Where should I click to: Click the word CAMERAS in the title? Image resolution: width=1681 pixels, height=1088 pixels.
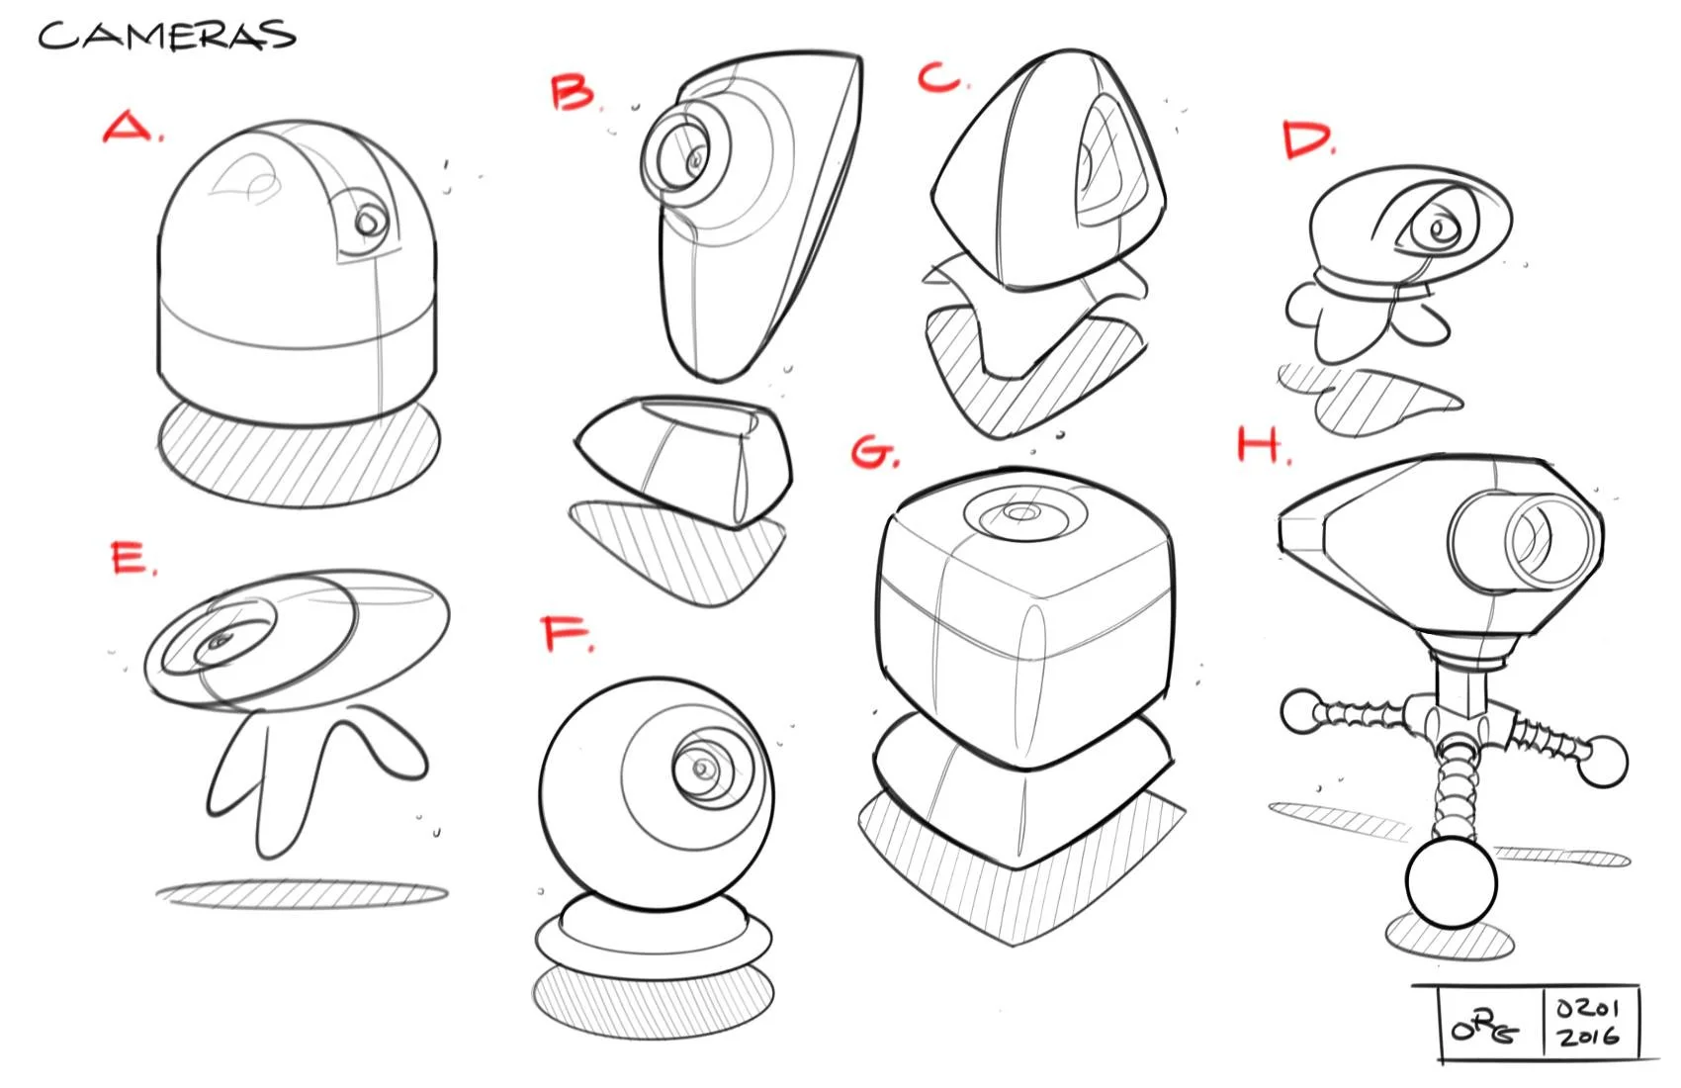[166, 37]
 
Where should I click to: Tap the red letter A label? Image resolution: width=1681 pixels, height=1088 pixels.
[130, 128]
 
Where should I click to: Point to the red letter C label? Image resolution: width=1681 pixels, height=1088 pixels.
[940, 77]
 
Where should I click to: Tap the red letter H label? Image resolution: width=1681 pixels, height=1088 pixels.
[1260, 446]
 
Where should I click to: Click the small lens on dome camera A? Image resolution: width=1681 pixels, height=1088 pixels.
[370, 222]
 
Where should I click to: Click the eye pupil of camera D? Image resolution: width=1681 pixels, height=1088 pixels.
[1436, 230]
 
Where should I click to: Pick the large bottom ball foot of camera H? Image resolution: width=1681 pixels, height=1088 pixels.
[1451, 882]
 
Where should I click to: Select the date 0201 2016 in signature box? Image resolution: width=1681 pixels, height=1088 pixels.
[1588, 1023]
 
